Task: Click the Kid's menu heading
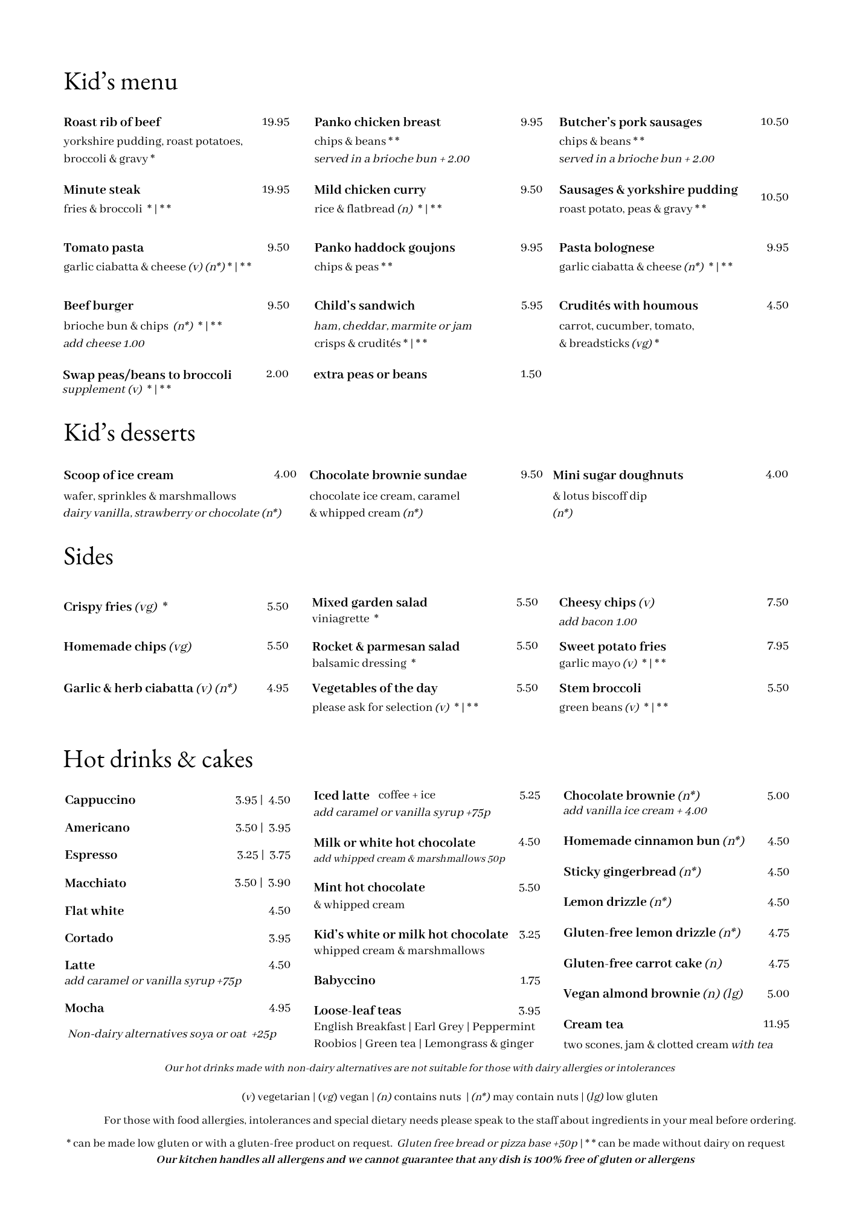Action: (x=121, y=81)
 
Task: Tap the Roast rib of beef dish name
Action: (x=112, y=122)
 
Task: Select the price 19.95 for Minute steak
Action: (x=275, y=189)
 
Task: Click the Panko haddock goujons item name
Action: (x=384, y=247)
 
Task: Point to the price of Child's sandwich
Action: (x=531, y=305)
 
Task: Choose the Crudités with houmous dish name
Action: (x=628, y=305)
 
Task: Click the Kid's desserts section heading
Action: (x=129, y=433)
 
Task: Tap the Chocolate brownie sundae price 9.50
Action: (x=531, y=474)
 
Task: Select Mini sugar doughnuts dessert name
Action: (x=618, y=475)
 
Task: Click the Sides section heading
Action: (x=88, y=556)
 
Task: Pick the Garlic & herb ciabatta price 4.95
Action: (x=277, y=688)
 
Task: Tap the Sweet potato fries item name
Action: (x=612, y=646)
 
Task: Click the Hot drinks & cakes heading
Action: (x=158, y=759)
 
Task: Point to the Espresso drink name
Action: (x=91, y=855)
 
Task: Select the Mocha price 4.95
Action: (x=279, y=1008)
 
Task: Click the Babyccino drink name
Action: (x=344, y=980)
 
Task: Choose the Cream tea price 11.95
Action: (x=776, y=1024)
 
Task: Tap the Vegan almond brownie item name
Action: (x=631, y=993)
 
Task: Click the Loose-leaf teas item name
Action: (x=357, y=1010)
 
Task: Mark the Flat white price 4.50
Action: (x=279, y=911)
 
